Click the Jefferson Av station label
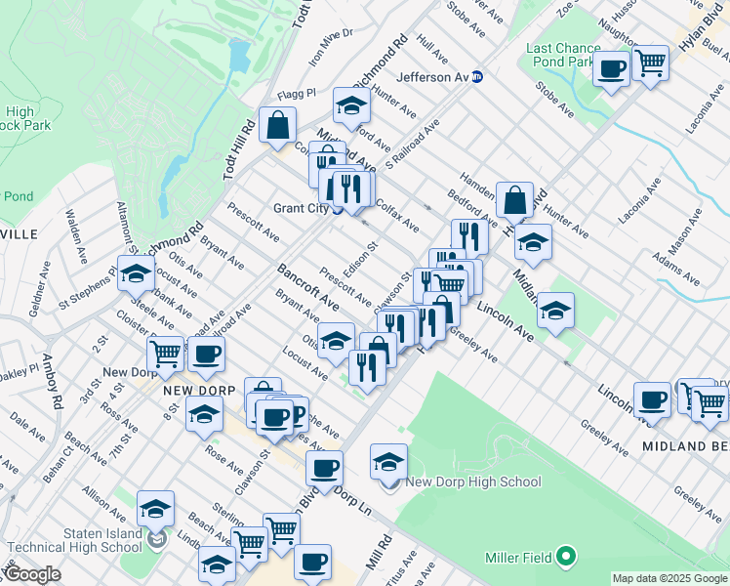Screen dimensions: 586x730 432,77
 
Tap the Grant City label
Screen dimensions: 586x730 302,208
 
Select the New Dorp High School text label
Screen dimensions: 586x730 472,481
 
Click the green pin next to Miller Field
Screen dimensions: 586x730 565,558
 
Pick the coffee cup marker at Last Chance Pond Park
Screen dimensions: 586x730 611,69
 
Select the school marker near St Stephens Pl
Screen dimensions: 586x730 136,274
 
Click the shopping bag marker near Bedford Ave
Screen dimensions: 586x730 513,200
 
